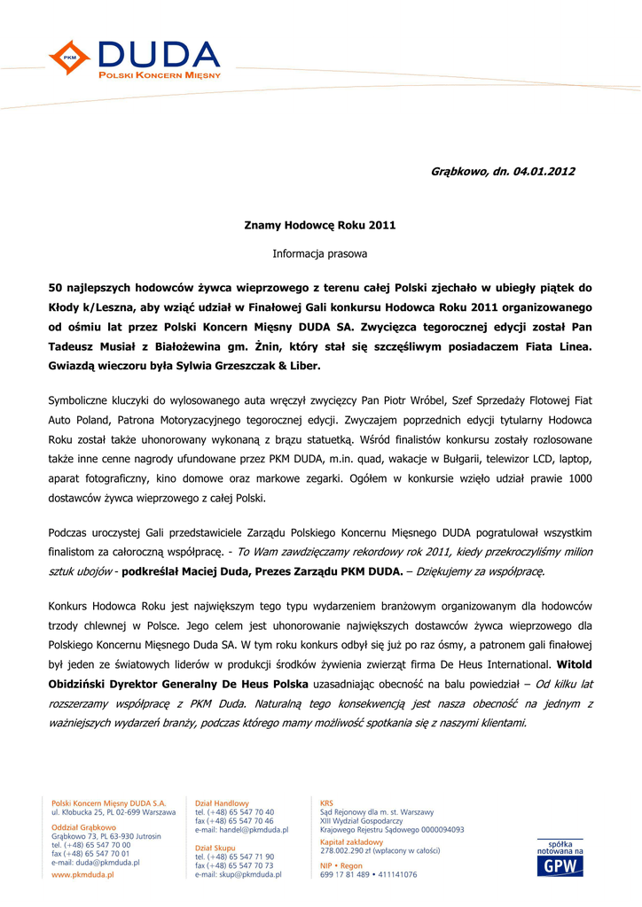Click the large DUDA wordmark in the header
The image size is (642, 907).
pyautogui.click(x=159, y=54)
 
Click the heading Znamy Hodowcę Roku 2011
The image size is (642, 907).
pyautogui.click(x=319, y=226)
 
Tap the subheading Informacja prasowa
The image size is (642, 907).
pyautogui.click(x=319, y=253)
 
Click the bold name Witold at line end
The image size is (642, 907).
pyautogui.click(x=572, y=663)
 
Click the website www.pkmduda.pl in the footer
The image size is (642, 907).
pyautogui.click(x=85, y=874)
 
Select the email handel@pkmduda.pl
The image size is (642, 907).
pyautogui.click(x=250, y=830)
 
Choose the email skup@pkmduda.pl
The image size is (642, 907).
pyautogui.click(x=247, y=874)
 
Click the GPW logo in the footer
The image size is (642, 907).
pyautogui.click(x=560, y=860)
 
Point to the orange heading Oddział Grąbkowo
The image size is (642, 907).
pyautogui.click(x=83, y=827)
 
